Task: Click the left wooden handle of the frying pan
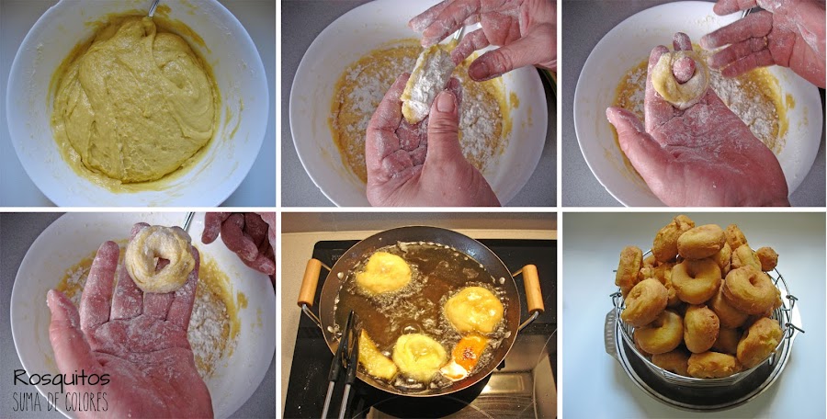(309, 282)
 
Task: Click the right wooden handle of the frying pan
(533, 289)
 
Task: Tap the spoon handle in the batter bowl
(153, 8)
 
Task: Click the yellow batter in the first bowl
(134, 100)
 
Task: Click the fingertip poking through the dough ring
(684, 69)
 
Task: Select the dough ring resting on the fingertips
(160, 257)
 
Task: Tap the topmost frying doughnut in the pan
(383, 272)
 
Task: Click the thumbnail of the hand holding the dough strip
(446, 101)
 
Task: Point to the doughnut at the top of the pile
(701, 241)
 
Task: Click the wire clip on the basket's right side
(791, 318)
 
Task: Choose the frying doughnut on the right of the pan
(473, 311)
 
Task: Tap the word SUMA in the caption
(30, 402)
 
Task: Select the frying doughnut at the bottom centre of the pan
(420, 357)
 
